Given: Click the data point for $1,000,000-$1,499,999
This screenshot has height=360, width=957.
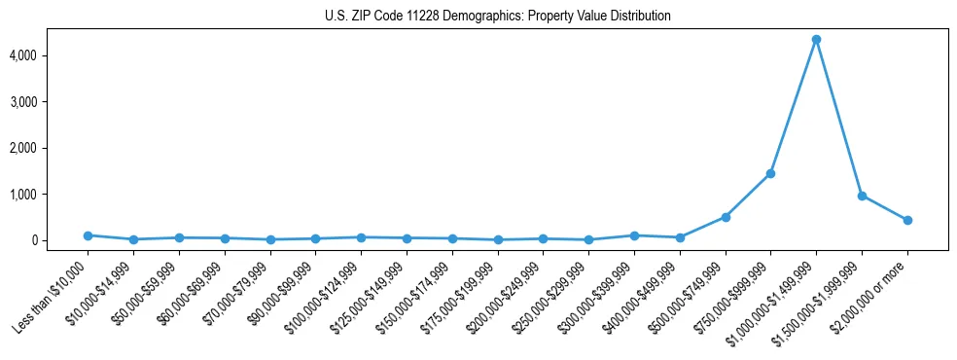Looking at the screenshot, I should (x=816, y=39).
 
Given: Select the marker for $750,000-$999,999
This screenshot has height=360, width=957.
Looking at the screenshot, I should (x=770, y=173).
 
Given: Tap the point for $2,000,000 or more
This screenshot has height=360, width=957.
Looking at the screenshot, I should (x=907, y=220).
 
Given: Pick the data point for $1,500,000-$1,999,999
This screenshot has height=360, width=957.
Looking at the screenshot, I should (x=862, y=196).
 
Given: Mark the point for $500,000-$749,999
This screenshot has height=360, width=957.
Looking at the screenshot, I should (x=725, y=217).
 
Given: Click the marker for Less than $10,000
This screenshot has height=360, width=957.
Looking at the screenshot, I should (x=88, y=235).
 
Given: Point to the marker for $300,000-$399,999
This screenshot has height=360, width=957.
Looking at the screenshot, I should (x=634, y=235).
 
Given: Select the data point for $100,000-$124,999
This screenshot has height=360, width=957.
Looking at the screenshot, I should (x=361, y=237).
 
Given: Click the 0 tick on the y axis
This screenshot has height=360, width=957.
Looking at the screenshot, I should (x=60, y=240).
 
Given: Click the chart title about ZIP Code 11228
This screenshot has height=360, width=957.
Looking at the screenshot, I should (x=498, y=17).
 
